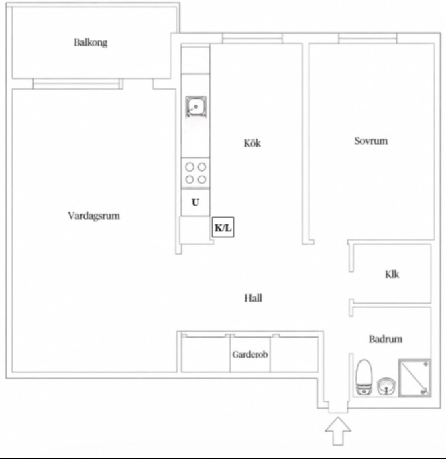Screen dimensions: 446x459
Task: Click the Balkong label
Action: tap(91, 43)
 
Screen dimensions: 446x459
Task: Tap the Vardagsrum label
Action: tap(94, 216)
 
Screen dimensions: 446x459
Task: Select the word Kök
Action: tap(252, 143)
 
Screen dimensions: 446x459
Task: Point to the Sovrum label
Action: tap(371, 141)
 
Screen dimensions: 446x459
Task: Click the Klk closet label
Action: tap(392, 274)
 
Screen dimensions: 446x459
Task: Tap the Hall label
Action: tap(254, 298)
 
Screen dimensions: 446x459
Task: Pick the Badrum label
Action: tap(386, 339)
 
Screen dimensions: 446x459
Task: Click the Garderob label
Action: tap(250, 354)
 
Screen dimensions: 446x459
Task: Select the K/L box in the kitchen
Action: tap(223, 227)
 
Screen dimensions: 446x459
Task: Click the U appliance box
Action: tap(195, 202)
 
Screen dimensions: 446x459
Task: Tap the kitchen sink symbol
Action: tap(196, 107)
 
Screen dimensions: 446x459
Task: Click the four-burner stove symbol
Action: tap(195, 173)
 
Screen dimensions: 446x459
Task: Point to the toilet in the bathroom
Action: tap(364, 377)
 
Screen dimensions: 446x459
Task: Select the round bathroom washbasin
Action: tap(386, 387)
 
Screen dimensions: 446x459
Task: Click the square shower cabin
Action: tap(414, 378)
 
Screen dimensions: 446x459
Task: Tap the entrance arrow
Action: tap(338, 431)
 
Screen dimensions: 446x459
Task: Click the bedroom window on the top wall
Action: tap(368, 38)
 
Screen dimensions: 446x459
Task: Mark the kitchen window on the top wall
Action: tap(252, 38)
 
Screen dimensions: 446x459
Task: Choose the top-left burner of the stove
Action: tap(190, 167)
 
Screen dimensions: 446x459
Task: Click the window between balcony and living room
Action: tap(77, 84)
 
